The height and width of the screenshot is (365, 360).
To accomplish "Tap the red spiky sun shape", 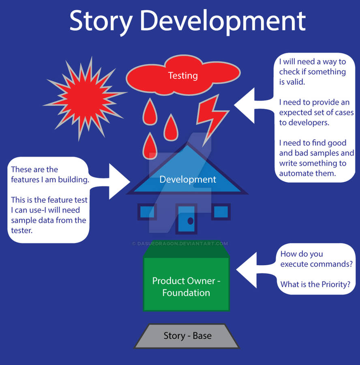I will pyautogui.click(x=84, y=97).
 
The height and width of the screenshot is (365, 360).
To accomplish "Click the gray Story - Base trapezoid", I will pyautogui.click(x=187, y=336).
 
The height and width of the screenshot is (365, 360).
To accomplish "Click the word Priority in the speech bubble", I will pyautogui.click(x=336, y=284).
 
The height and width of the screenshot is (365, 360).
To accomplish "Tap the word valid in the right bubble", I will pyautogui.click(x=298, y=82).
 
